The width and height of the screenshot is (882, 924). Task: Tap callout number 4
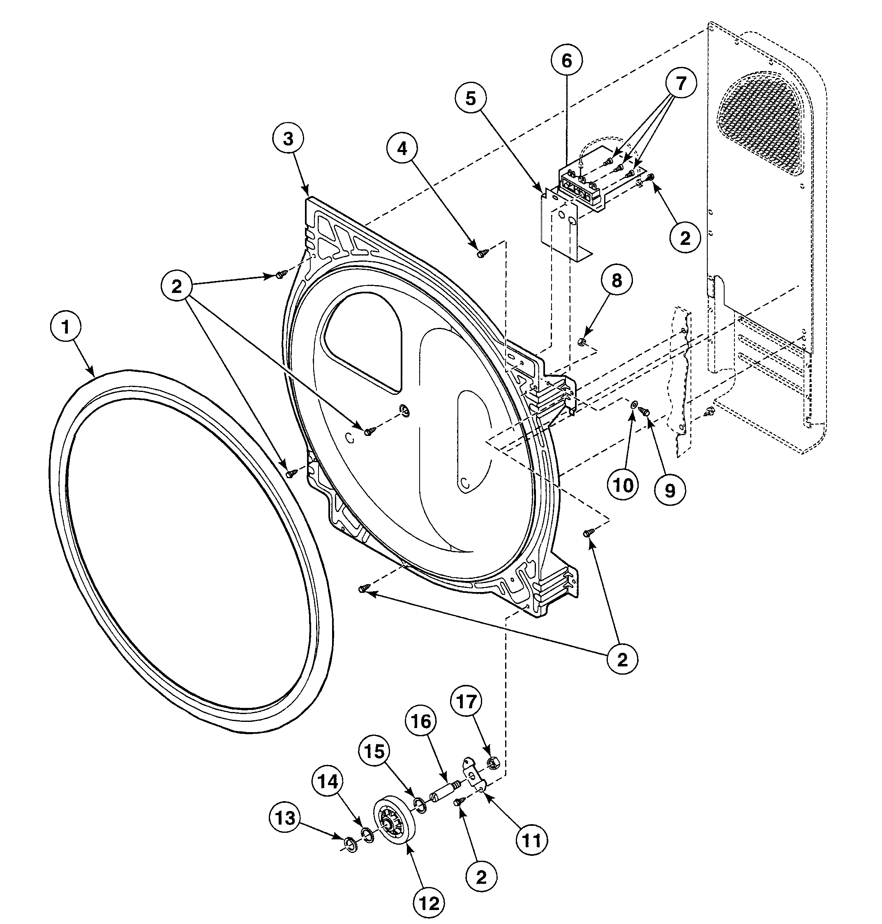point(402,148)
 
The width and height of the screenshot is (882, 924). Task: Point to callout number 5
point(471,98)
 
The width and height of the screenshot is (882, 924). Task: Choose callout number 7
point(681,83)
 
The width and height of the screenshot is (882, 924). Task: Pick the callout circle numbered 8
point(616,281)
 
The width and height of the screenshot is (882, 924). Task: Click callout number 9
point(670,491)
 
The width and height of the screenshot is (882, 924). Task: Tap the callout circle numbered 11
point(532,840)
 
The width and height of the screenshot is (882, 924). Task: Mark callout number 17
point(466,702)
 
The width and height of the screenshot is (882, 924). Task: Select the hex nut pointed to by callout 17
point(492,763)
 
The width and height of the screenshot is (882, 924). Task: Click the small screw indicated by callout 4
point(481,254)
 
